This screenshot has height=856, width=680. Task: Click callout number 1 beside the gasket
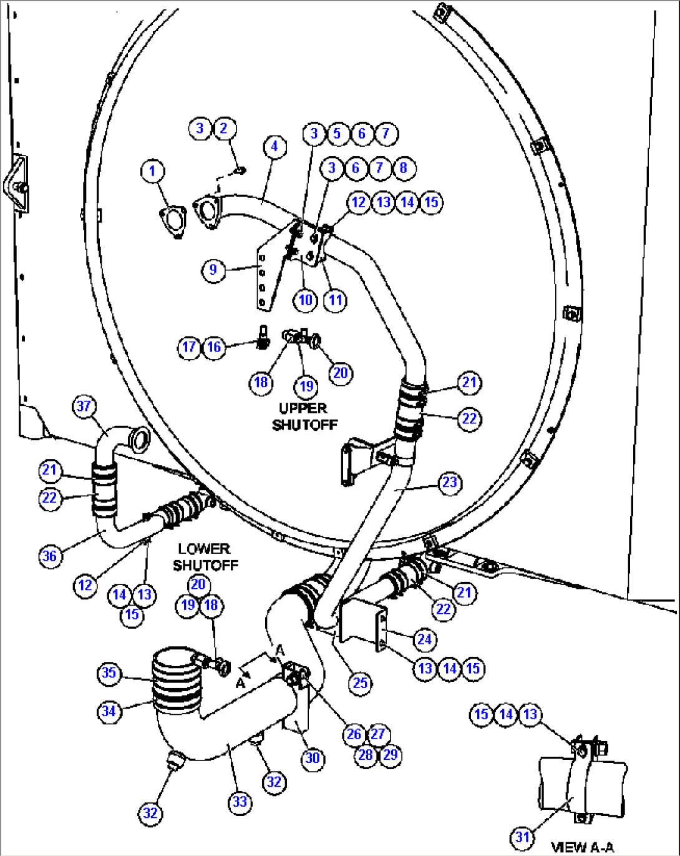(153, 171)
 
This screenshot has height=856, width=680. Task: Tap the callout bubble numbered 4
(274, 147)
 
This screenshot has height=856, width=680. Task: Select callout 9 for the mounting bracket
(213, 270)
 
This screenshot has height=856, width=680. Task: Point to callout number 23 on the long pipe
(450, 483)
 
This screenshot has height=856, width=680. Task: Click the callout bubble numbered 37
(84, 406)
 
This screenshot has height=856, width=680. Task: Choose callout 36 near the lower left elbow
(49, 556)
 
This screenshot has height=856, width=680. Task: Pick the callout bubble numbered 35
(109, 672)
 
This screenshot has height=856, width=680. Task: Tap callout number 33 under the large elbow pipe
(240, 802)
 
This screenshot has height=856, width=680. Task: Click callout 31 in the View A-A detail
(523, 837)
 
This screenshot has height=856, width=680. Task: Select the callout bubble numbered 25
(361, 682)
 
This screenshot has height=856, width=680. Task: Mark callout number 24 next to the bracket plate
(424, 639)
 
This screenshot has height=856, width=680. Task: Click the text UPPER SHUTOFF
(304, 416)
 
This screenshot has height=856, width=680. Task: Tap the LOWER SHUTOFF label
(205, 557)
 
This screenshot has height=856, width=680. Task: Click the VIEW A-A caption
(582, 847)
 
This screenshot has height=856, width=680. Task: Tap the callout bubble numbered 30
(313, 757)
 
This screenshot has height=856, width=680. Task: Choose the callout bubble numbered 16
(214, 347)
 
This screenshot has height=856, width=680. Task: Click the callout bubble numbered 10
(305, 300)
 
